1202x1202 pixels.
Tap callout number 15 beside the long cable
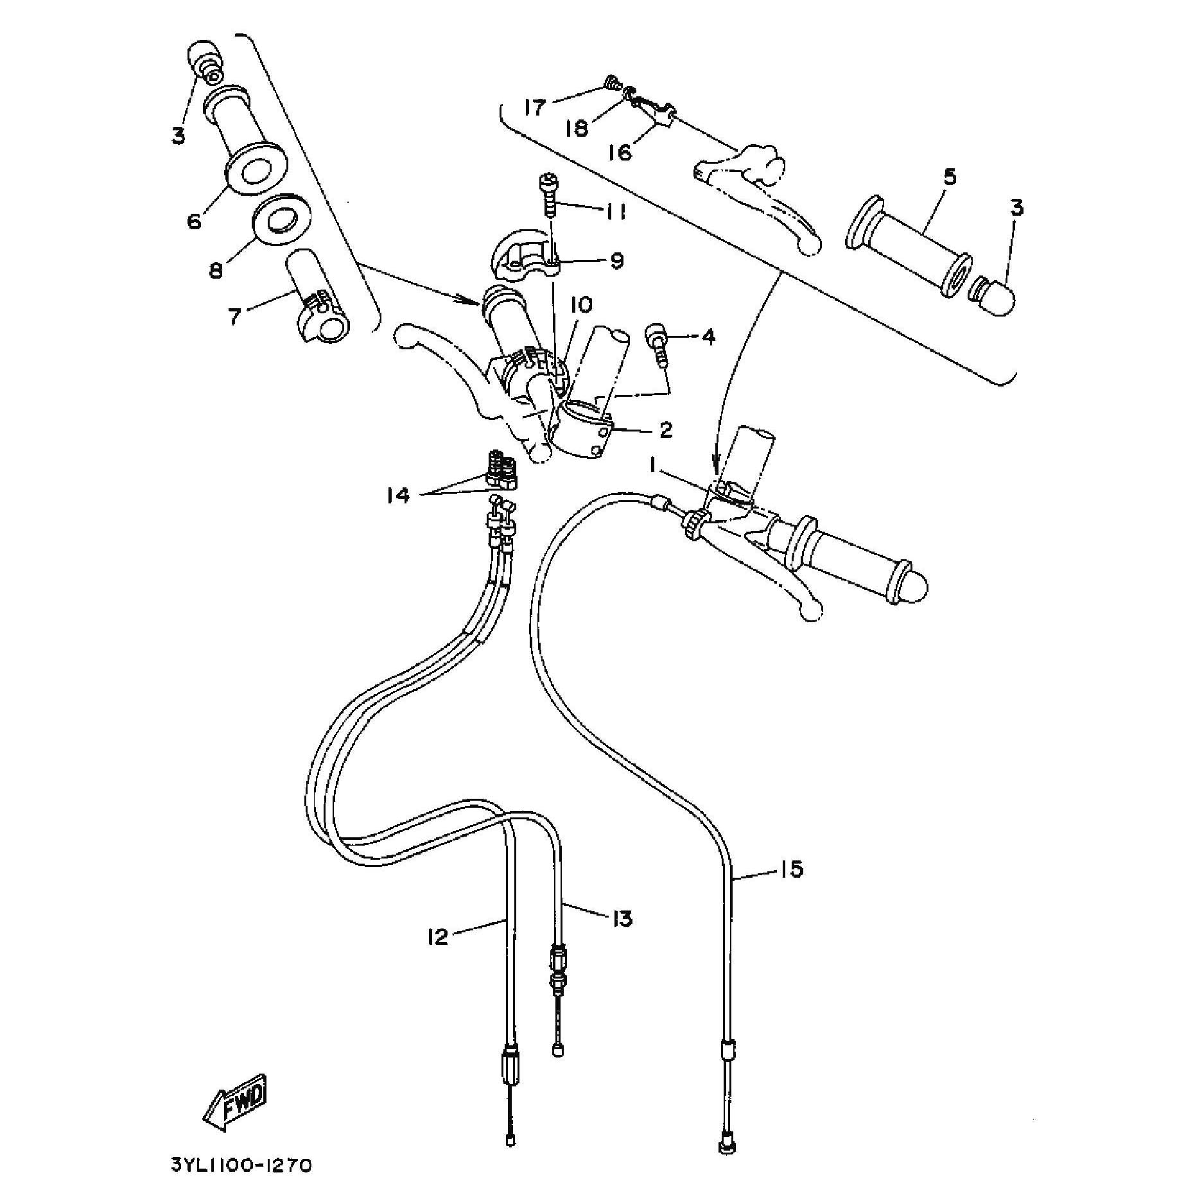click(x=791, y=869)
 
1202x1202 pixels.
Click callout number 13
click(x=622, y=918)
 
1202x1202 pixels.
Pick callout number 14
click(x=398, y=495)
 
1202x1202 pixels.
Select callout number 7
click(x=235, y=316)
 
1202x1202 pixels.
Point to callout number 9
click(x=616, y=261)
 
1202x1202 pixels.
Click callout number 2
click(x=666, y=430)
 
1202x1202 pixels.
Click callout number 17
click(x=534, y=107)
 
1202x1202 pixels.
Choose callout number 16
click(x=620, y=152)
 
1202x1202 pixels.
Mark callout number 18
click(x=577, y=128)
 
